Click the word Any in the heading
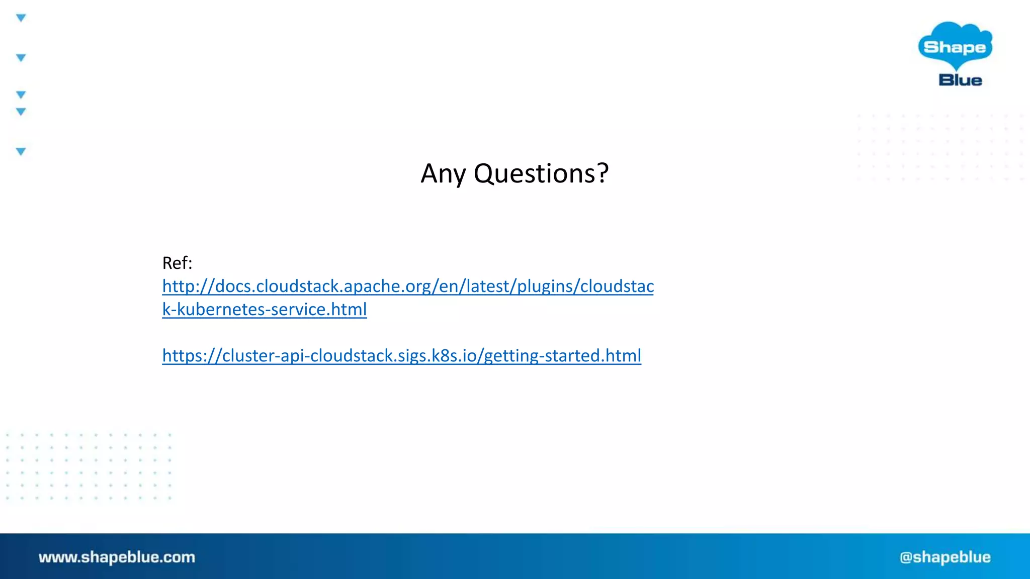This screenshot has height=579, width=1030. pyautogui.click(x=443, y=174)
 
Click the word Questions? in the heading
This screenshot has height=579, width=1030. pyautogui.click(x=541, y=174)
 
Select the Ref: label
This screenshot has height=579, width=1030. pyautogui.click(x=177, y=263)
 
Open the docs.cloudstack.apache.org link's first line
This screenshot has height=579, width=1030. pyautogui.click(x=408, y=286)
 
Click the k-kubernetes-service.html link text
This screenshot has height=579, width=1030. pyautogui.click(x=265, y=310)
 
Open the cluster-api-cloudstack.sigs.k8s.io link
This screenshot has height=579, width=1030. pyautogui.click(x=401, y=356)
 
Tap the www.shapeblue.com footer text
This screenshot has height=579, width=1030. pyautogui.click(x=117, y=557)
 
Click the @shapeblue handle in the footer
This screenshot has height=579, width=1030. pyautogui.click(x=945, y=557)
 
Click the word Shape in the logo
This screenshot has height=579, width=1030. pyautogui.click(x=955, y=47)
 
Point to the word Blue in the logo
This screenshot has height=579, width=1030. pyautogui.click(x=960, y=80)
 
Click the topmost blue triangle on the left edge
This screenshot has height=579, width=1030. pyautogui.click(x=21, y=18)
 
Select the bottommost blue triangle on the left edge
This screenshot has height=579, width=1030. pyautogui.click(x=21, y=151)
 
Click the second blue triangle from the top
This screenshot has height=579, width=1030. pyautogui.click(x=21, y=58)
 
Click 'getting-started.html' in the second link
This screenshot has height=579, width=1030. pyautogui.click(x=562, y=356)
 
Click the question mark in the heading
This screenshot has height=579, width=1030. pyautogui.click(x=603, y=174)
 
